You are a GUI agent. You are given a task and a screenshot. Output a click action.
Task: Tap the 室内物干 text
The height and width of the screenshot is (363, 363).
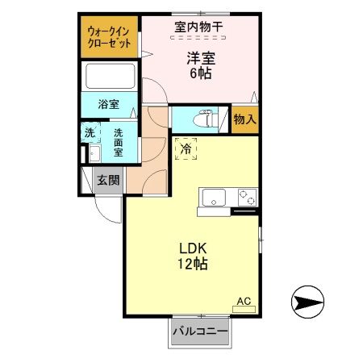[x=199, y=27]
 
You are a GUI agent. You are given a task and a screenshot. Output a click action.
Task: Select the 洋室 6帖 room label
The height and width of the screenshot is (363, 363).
[x=199, y=64]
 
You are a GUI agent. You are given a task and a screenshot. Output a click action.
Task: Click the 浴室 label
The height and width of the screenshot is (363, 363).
[x=108, y=104]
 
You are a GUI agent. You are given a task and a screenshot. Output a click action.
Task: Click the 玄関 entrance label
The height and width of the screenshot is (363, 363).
[x=107, y=180]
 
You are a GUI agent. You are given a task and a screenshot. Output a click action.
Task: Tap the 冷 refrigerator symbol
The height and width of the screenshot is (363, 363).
[x=186, y=148]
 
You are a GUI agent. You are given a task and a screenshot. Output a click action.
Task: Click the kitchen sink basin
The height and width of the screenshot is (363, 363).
[x=215, y=195]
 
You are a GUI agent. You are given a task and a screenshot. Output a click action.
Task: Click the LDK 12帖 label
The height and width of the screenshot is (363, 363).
[x=191, y=256]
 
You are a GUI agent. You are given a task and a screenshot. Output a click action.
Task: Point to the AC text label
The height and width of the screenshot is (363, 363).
[x=243, y=301]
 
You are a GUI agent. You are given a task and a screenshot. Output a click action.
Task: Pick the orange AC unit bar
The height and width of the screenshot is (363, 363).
[x=244, y=310]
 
